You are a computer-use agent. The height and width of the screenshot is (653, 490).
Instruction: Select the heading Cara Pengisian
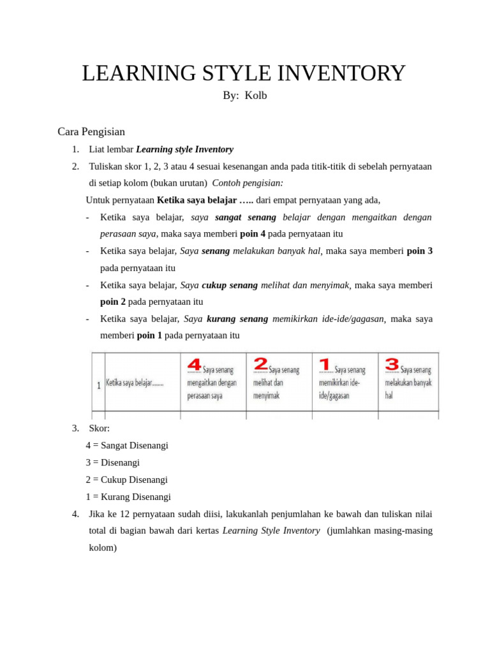(91, 132)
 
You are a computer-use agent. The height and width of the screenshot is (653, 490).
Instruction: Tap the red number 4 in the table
(194, 365)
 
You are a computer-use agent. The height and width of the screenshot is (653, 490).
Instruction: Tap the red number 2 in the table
(260, 364)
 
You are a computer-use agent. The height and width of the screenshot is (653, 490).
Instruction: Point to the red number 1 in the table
(325, 364)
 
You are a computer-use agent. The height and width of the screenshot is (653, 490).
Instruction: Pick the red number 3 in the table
(392, 364)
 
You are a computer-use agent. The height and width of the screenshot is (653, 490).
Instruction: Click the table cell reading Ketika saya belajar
(135, 383)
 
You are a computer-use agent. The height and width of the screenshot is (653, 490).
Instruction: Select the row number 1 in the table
(99, 385)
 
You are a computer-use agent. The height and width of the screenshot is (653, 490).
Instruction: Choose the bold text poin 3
(420, 251)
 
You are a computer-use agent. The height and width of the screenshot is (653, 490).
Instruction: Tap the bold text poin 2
(113, 302)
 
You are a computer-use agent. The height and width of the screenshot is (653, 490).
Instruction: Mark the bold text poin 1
(149, 335)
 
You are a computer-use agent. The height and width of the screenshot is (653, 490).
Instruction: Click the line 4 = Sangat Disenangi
(127, 446)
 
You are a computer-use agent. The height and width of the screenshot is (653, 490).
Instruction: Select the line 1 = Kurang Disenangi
(128, 497)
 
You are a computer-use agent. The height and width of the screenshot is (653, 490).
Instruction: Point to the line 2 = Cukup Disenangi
(126, 480)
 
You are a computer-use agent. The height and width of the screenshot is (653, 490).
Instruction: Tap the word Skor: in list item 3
(100, 429)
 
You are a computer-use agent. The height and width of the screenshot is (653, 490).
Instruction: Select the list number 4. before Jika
(76, 514)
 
